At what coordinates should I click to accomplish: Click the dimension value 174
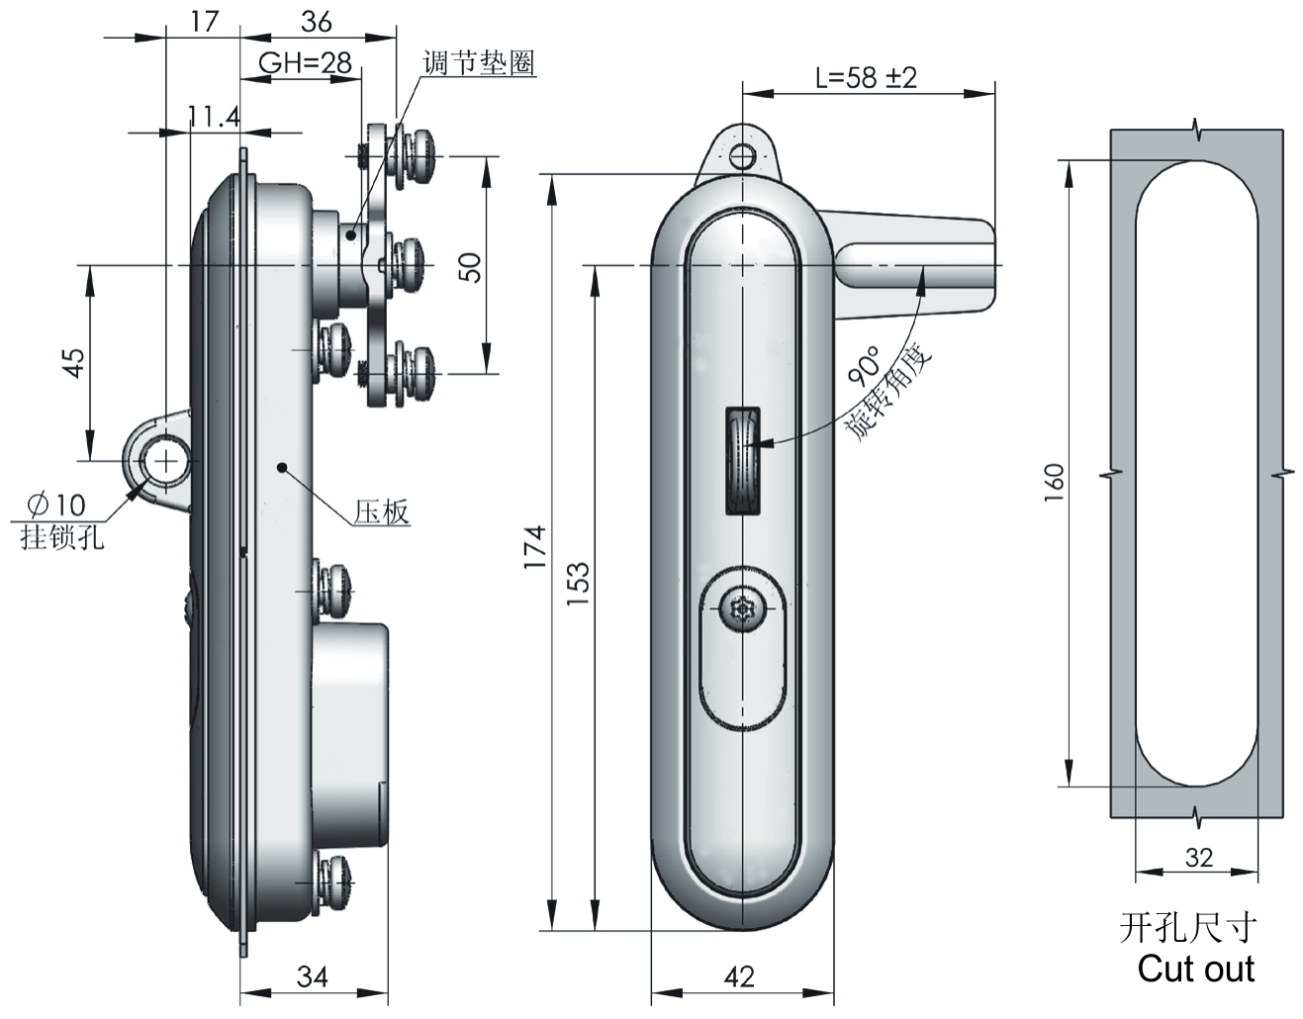click(533, 545)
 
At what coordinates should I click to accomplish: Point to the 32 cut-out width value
click(1197, 858)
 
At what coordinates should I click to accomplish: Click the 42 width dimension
click(739, 976)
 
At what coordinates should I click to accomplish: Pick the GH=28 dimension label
click(305, 63)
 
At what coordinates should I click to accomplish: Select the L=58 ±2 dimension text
click(866, 77)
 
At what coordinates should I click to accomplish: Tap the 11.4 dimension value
click(214, 117)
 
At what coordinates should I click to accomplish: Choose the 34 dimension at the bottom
click(312, 976)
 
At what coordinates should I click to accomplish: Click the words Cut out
click(1195, 969)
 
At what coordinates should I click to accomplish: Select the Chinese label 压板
click(381, 511)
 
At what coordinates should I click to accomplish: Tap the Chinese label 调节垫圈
click(478, 63)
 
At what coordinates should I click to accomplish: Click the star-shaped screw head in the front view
click(740, 609)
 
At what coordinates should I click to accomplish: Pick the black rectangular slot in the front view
click(743, 461)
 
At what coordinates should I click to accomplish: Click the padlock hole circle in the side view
click(164, 461)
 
